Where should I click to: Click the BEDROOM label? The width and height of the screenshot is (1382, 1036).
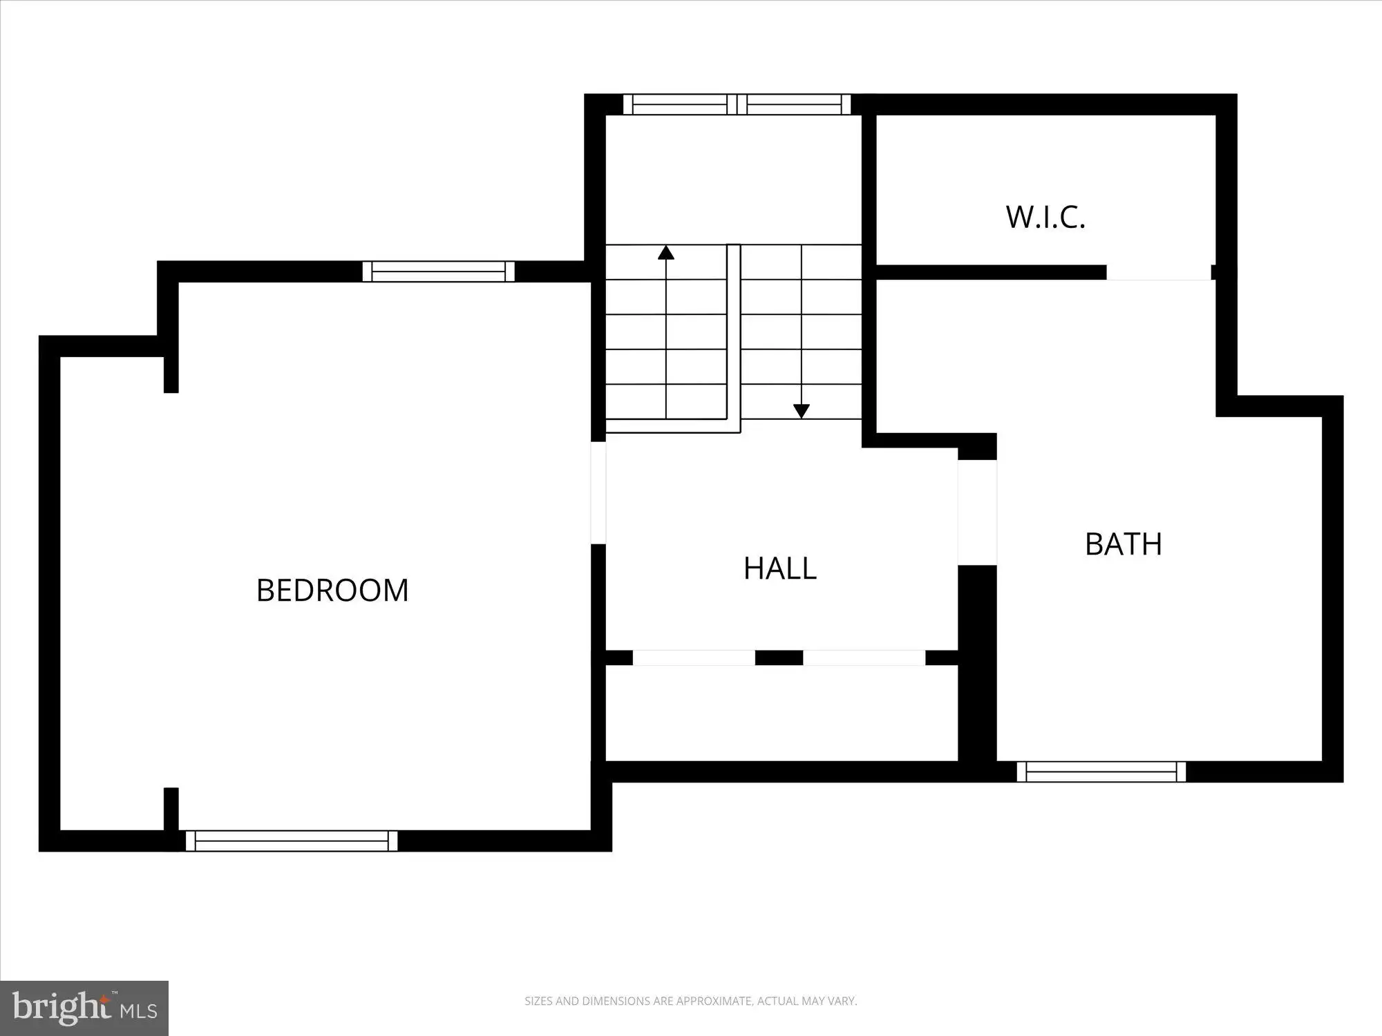(332, 591)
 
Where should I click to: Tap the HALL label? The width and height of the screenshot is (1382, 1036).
(780, 568)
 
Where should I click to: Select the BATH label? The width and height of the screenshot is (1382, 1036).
(1124, 544)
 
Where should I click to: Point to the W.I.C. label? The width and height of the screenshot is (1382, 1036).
(1045, 217)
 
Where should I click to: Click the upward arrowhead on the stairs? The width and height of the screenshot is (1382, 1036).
(666, 252)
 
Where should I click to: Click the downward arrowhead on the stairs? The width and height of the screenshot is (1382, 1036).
(802, 411)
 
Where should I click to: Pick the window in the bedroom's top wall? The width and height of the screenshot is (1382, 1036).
(439, 271)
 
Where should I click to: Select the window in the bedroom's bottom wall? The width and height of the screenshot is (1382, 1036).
(292, 841)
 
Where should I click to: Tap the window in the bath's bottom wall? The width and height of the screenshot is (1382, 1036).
(1101, 771)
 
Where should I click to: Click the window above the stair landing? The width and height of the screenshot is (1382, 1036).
(737, 104)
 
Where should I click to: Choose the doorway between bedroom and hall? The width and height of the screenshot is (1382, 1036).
(598, 492)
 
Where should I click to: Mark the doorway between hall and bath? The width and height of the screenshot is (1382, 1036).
(977, 512)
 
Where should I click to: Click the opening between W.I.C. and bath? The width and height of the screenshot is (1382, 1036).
(1159, 272)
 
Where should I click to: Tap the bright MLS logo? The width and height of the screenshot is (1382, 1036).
(84, 1008)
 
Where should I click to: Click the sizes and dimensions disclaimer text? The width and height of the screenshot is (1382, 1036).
(690, 1001)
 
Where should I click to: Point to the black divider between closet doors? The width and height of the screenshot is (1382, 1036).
(779, 658)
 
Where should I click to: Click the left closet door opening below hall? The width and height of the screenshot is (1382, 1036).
(694, 658)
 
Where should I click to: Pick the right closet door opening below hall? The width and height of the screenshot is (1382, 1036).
(864, 658)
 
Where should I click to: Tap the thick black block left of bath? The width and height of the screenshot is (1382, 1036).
(977, 663)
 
